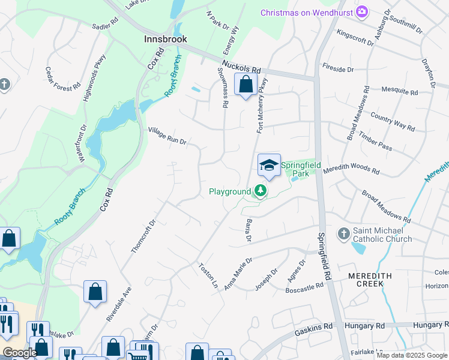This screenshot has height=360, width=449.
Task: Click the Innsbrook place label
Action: pyautogui.click(x=166, y=39)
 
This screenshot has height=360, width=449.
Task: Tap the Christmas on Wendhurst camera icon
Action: pyautogui.click(x=362, y=11)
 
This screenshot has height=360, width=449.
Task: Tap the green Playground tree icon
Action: pyautogui.click(x=260, y=191)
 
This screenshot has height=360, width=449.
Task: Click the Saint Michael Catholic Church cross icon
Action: pyautogui.click(x=343, y=232)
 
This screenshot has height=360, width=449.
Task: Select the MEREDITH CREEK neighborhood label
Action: pyautogui.click(x=370, y=280)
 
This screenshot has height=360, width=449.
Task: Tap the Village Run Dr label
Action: pyautogui.click(x=167, y=136)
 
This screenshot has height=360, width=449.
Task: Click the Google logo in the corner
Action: pyautogui.click(x=20, y=353)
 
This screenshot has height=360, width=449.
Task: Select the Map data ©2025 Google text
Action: pyautogui.click(x=412, y=356)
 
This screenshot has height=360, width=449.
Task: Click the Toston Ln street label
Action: pyautogui.click(x=208, y=275)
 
